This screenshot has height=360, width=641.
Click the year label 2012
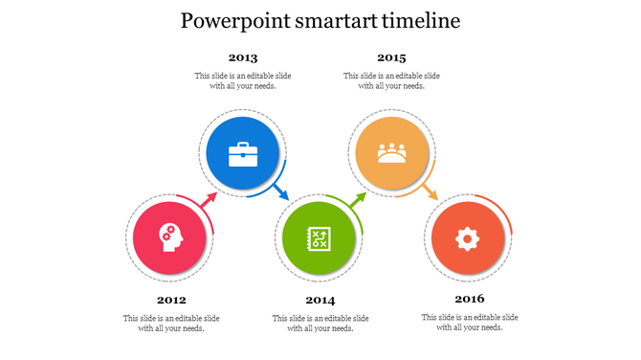click(171, 300)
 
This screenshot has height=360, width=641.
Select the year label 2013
click(243, 57)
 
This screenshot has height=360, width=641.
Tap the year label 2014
click(320, 300)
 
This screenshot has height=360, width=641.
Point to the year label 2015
click(391, 57)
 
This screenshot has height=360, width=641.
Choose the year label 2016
click(470, 300)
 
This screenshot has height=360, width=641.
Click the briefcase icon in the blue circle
click(243, 154)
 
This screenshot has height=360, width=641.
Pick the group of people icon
click(391, 152)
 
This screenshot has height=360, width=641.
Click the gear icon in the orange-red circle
click(467, 237)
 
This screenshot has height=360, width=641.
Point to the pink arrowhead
click(211, 198)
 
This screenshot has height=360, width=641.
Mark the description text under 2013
click(243, 80)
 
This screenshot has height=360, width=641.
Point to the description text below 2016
click(470, 323)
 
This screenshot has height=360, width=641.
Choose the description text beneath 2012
click(171, 323)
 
